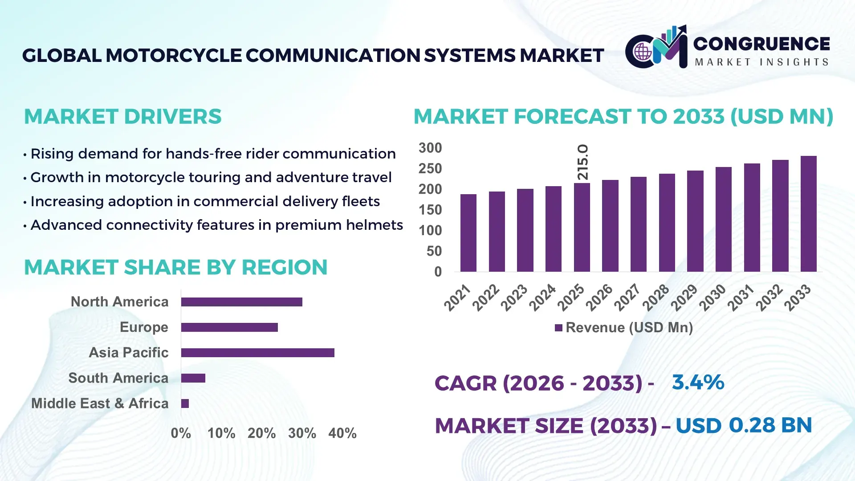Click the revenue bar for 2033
(x=808, y=214)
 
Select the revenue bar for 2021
(x=468, y=233)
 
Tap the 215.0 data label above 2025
(x=582, y=162)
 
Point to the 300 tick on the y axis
(x=430, y=148)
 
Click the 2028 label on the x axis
(x=656, y=297)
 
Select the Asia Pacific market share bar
(x=257, y=353)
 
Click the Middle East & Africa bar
(x=185, y=404)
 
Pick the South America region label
(x=118, y=378)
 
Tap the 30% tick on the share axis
(x=302, y=433)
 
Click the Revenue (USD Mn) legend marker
(x=558, y=328)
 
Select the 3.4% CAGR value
(x=698, y=382)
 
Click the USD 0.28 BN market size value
(x=744, y=425)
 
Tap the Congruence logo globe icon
(x=643, y=52)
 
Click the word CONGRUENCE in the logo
(x=761, y=44)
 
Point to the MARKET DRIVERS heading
(x=122, y=117)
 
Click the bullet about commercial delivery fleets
(x=205, y=201)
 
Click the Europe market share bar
(x=229, y=327)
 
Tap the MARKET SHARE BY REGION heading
(x=175, y=267)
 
